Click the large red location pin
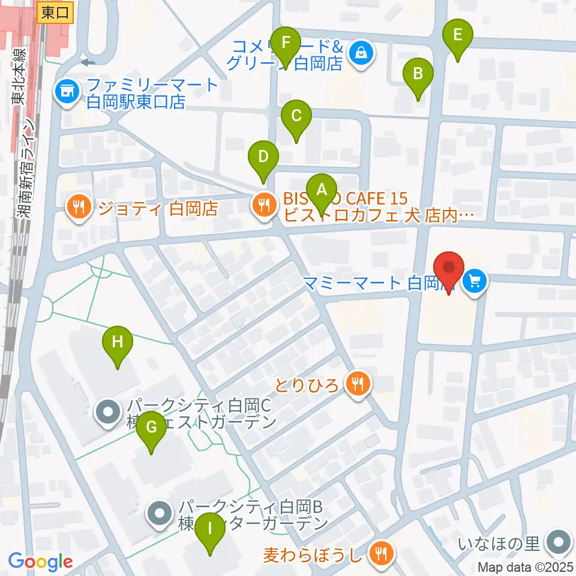coord(449,272)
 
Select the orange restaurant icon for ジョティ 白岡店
coord(79,208)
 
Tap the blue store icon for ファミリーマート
coord(67,91)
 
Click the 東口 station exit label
coord(56,12)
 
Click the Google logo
coord(41,562)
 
